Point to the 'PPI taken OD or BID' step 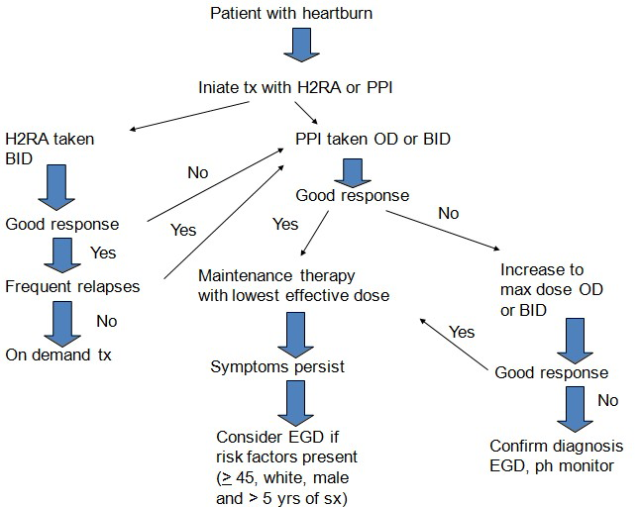coord(373,139)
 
